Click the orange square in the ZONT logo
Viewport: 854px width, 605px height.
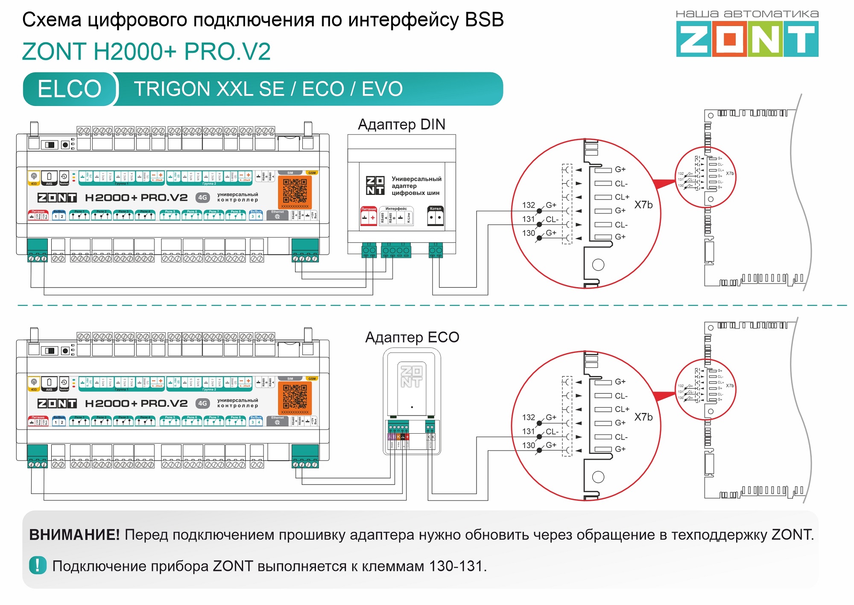pos(729,39)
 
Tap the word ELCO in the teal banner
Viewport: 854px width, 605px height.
pos(69,89)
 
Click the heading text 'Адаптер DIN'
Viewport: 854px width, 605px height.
pos(401,124)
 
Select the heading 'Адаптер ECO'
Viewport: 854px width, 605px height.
pos(412,337)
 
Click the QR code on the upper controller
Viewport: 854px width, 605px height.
pos(295,191)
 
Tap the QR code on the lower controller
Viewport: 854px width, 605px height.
pos(295,396)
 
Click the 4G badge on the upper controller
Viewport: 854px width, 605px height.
pos(202,197)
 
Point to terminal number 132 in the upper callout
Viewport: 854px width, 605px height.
pos(528,205)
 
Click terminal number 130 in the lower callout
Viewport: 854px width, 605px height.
pos(528,445)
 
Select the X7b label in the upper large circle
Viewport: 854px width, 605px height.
pos(643,205)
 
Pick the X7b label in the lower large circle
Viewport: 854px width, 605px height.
pos(643,417)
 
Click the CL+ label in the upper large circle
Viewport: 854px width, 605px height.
pos(622,197)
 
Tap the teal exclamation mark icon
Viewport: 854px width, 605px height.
pos(38,565)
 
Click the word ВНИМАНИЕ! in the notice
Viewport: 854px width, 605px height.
pos(74,535)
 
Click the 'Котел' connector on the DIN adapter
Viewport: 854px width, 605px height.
pos(436,216)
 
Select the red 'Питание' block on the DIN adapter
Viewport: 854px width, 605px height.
pos(369,216)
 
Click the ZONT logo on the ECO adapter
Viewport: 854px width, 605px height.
pos(411,376)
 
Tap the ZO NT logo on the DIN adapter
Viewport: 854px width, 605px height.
pos(375,185)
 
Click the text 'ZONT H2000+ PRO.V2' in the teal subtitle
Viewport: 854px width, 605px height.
pos(146,52)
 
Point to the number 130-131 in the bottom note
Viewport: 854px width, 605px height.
pos(457,566)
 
